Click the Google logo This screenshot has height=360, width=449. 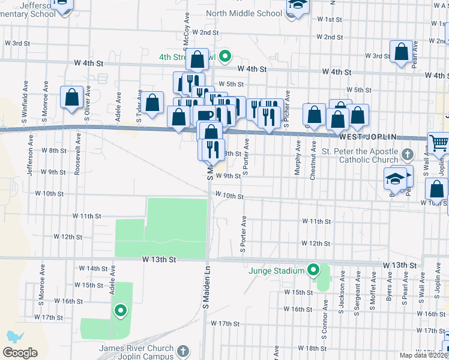[x=20, y=353]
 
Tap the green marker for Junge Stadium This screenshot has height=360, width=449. [x=313, y=271]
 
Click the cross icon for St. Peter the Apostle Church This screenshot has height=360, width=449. [x=408, y=155]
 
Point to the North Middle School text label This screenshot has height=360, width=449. [x=244, y=13]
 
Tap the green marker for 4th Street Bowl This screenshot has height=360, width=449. [x=225, y=58]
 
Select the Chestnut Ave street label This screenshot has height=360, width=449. [x=313, y=158]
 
